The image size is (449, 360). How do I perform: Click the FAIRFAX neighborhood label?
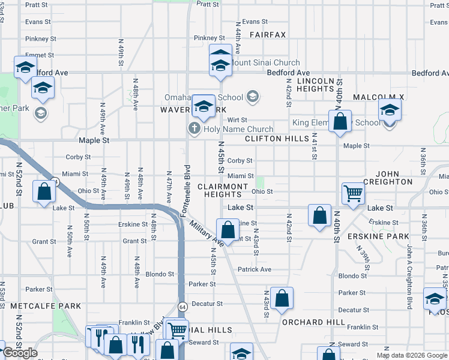(268, 35)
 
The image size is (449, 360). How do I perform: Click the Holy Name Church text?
(238, 129)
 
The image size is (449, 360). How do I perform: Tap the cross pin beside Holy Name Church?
(194, 128)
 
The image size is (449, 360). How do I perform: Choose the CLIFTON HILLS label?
(276, 139)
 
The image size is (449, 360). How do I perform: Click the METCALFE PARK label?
(45, 306)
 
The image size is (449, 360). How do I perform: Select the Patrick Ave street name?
(255, 269)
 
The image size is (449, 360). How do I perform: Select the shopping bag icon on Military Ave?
(228, 229)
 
